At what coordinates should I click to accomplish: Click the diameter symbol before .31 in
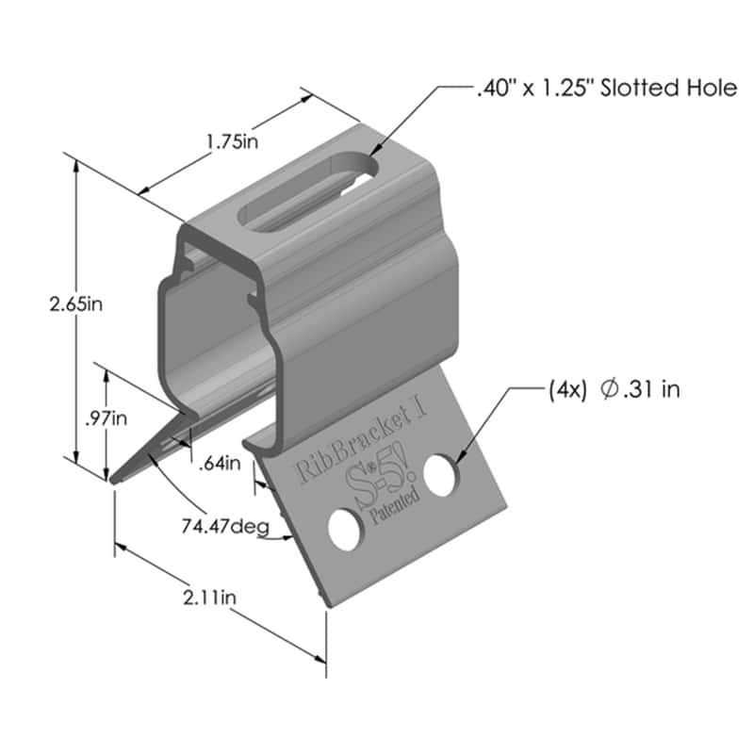pyautogui.click(x=609, y=389)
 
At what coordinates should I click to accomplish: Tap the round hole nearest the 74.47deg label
pyautogui.click(x=344, y=530)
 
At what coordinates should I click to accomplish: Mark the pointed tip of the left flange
pyautogui.click(x=114, y=482)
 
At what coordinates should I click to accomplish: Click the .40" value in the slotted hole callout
pyautogui.click(x=494, y=90)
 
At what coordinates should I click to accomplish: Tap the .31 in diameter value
pyautogui.click(x=649, y=389)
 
